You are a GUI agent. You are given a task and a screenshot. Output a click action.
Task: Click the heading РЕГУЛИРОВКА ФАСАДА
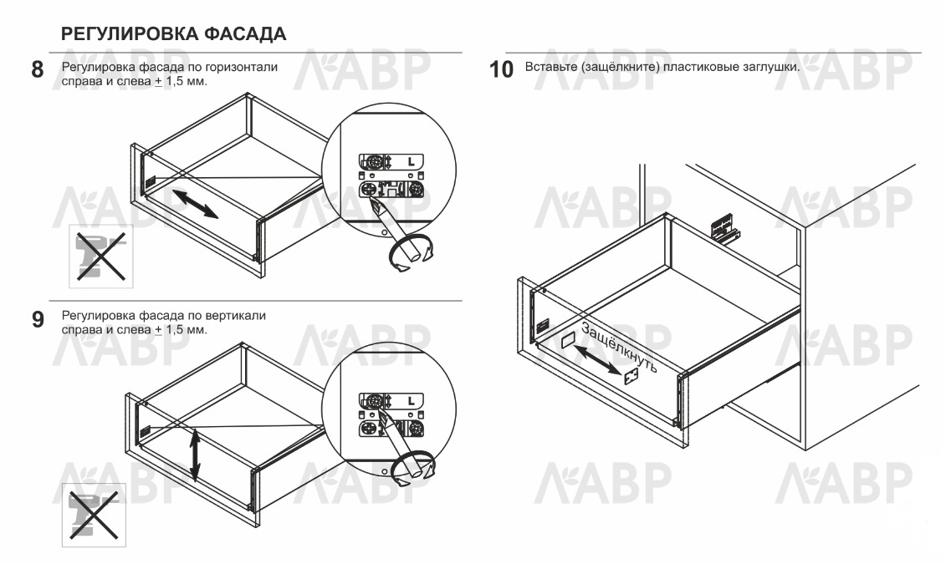tap(174, 33)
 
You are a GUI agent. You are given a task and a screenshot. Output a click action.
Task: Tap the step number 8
tap(38, 70)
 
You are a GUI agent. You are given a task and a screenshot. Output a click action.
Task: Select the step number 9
tap(38, 319)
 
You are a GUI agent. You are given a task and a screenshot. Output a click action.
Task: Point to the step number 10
tap(501, 70)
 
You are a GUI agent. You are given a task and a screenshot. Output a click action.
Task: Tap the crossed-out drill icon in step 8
tap(100, 256)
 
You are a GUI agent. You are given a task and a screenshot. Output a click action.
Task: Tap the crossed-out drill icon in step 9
tap(94, 515)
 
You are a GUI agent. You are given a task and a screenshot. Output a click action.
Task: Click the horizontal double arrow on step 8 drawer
tap(195, 204)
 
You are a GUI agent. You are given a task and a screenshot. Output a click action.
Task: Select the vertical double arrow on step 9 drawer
tap(195, 455)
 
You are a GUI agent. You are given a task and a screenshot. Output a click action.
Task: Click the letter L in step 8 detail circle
tap(411, 161)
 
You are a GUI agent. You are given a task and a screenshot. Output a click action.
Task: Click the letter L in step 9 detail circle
tap(411, 401)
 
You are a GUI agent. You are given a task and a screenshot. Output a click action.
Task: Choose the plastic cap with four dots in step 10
tap(632, 377)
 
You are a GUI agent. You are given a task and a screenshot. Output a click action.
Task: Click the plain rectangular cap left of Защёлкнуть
tap(568, 340)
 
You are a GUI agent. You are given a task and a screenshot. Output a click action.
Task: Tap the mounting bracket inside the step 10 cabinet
tap(724, 230)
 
